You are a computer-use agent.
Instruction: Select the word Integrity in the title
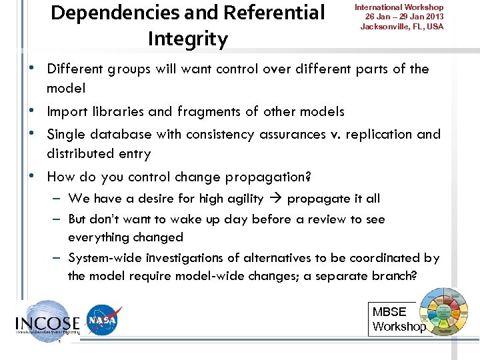pyautogui.click(x=187, y=39)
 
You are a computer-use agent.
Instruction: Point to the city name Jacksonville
pyautogui.click(x=387, y=27)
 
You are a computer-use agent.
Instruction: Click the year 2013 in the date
pyautogui.click(x=433, y=17)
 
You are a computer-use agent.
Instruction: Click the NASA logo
pyautogui.click(x=104, y=321)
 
